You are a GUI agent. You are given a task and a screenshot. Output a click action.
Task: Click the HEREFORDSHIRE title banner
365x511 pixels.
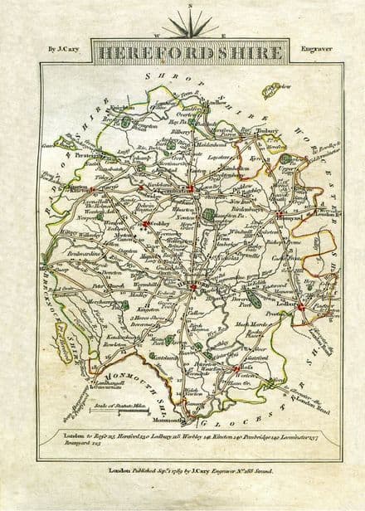[190, 52]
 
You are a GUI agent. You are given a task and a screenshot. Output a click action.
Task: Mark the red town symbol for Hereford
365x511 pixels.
[194, 285]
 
